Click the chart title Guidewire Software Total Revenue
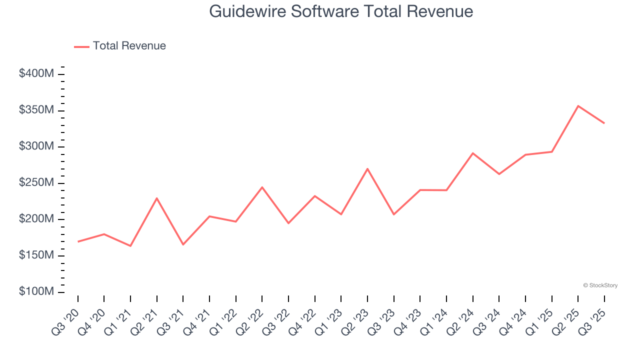click(341, 11)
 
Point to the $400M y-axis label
click(36, 74)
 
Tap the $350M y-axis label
click(36, 110)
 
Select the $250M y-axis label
click(36, 183)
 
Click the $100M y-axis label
click(36, 292)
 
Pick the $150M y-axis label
click(36, 255)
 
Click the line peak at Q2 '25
click(578, 106)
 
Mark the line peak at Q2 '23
click(367, 169)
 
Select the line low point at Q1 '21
click(130, 246)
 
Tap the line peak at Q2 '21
click(157, 198)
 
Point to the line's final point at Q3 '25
click(604, 123)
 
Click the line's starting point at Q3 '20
click(78, 241)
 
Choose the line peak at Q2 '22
click(262, 187)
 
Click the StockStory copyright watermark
click(600, 285)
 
